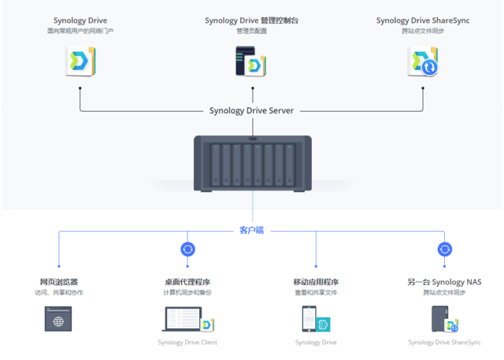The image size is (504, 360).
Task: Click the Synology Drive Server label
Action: pyautogui.click(x=251, y=111)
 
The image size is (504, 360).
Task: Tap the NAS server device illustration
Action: pyautogui.click(x=252, y=163)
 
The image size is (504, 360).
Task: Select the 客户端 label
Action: pyautogui.click(x=252, y=231)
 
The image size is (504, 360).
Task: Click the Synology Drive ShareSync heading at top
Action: pyautogui.click(x=422, y=20)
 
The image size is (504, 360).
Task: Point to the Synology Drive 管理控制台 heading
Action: pyautogui.click(x=252, y=20)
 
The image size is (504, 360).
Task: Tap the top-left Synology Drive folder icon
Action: pyautogui.click(x=80, y=61)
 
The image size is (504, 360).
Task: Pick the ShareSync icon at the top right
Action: pyautogui.click(x=422, y=61)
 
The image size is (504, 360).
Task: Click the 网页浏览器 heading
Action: pyautogui.click(x=59, y=282)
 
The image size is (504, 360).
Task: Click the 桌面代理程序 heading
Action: pyautogui.click(x=187, y=282)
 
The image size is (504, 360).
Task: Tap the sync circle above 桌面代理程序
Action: pyautogui.click(x=187, y=250)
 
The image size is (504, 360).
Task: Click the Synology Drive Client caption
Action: pyautogui.click(x=187, y=343)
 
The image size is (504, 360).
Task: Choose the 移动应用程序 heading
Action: pyautogui.click(x=316, y=282)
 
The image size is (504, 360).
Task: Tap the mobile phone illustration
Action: pyautogui.click(x=309, y=320)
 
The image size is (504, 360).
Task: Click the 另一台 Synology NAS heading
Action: pyautogui.click(x=444, y=282)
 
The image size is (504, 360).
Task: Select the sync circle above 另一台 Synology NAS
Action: pyautogui.click(x=444, y=250)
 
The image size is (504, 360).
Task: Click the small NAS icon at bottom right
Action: pyautogui.click(x=443, y=319)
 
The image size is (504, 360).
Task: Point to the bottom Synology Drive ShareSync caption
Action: pyautogui.click(x=444, y=343)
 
